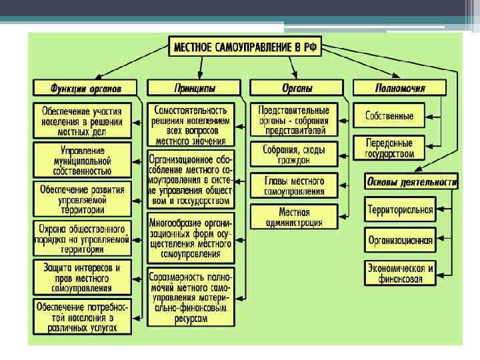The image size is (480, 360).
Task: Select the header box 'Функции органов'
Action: click(x=85, y=88)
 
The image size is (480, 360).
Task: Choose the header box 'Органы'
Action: click(x=296, y=88)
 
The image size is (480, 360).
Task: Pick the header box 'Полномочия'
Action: click(x=400, y=88)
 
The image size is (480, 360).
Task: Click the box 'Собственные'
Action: click(x=390, y=116)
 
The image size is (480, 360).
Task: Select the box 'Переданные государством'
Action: click(x=390, y=148)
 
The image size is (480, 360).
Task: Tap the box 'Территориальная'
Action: click(x=400, y=210)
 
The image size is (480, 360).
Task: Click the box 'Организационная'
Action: click(x=400, y=239)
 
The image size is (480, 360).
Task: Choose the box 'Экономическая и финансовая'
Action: click(x=400, y=273)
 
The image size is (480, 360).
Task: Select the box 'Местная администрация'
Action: click(x=294, y=217)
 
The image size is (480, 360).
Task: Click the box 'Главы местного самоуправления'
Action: click(x=294, y=186)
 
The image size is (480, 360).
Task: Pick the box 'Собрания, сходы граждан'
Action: click(x=294, y=155)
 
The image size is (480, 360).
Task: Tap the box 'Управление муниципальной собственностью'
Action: click(x=82, y=161)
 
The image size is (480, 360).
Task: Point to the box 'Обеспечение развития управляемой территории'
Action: click(x=82, y=199)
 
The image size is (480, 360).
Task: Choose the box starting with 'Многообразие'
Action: click(x=191, y=237)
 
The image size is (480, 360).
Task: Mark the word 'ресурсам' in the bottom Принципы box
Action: click(x=191, y=319)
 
